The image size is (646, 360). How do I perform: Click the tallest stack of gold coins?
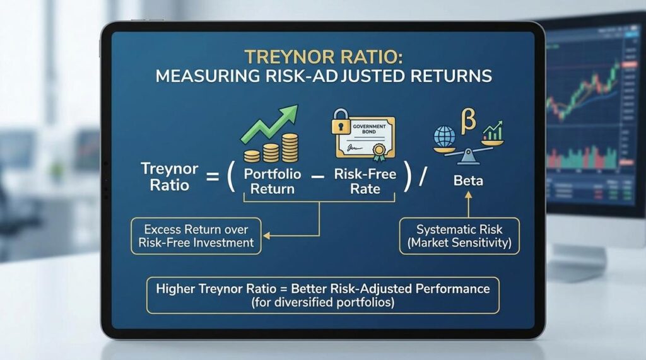[290, 147]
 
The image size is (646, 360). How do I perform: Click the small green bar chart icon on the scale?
[492, 132]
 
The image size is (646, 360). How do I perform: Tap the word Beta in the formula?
[468, 181]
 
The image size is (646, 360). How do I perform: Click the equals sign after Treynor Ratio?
[210, 178]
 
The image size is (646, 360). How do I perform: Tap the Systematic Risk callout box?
[459, 236]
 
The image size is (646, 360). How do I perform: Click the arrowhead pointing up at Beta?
[468, 197]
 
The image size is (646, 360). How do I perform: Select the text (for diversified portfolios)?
[322, 301]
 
